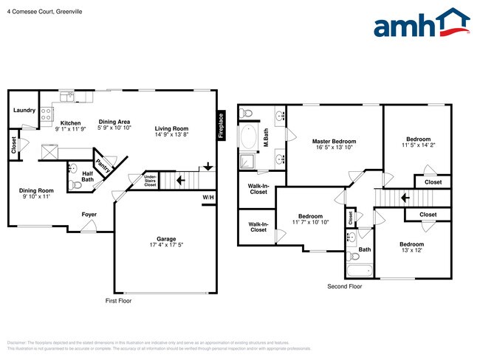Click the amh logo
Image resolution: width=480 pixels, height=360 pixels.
[422, 24]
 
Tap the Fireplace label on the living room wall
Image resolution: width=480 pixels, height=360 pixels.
[219, 125]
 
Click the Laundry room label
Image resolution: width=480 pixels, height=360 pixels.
[24, 111]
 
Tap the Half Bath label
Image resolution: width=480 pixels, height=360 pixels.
[87, 176]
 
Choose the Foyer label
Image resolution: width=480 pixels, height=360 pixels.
[89, 215]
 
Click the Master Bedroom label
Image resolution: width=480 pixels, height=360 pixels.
[334, 142]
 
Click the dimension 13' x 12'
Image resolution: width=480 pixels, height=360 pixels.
[411, 251]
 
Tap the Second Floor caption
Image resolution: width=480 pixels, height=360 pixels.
[345, 286]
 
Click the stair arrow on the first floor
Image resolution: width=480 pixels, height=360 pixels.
[180, 179]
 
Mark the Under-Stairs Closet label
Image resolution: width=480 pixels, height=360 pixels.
[150, 181]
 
